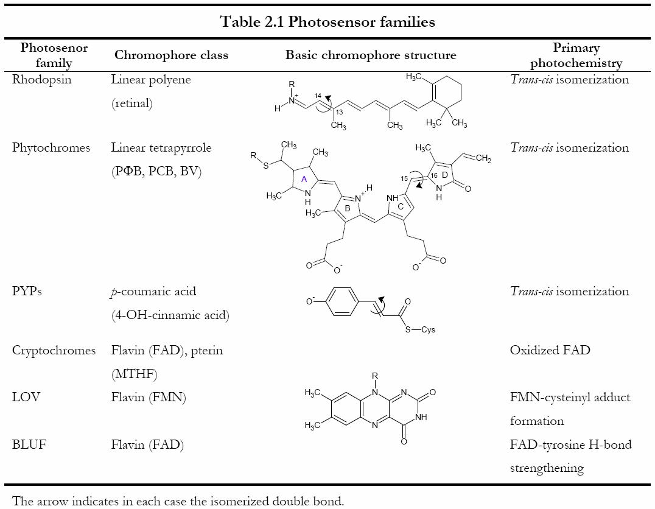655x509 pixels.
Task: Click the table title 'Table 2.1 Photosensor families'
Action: coord(327,22)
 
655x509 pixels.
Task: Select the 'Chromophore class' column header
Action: coord(171,55)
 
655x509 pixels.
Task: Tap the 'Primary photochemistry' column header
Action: coord(576,55)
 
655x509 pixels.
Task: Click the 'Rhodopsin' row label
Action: coord(41,80)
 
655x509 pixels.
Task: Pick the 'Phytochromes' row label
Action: coord(51,148)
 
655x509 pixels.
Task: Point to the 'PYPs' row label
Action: coord(27,291)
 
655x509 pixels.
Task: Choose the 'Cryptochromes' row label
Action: coord(54,350)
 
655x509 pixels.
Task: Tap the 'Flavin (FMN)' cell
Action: coord(148,398)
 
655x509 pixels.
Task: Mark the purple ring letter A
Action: coord(304,179)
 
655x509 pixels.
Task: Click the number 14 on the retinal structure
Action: coord(317,96)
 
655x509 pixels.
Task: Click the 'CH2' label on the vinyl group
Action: coord(483,160)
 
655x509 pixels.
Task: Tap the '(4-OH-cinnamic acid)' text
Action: coord(170,315)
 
